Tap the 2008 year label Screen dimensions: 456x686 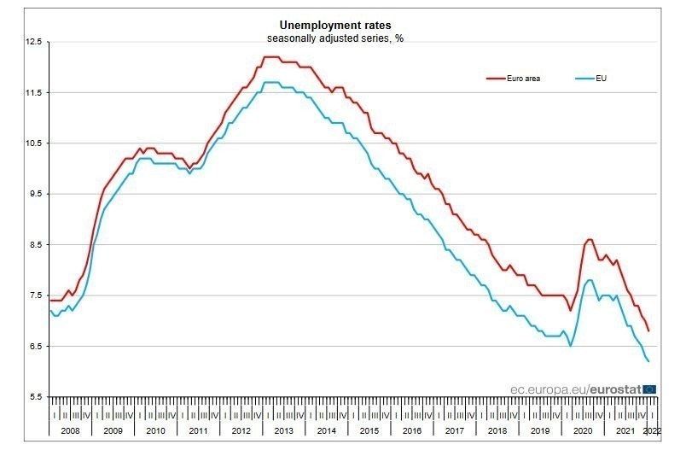[70, 431]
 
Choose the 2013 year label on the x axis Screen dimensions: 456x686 [284, 431]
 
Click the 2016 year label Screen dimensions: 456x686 [412, 431]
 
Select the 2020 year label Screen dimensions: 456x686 [584, 431]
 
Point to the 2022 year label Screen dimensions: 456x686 [651, 431]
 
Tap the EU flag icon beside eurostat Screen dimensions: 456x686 [649, 388]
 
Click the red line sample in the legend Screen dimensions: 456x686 [496, 78]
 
